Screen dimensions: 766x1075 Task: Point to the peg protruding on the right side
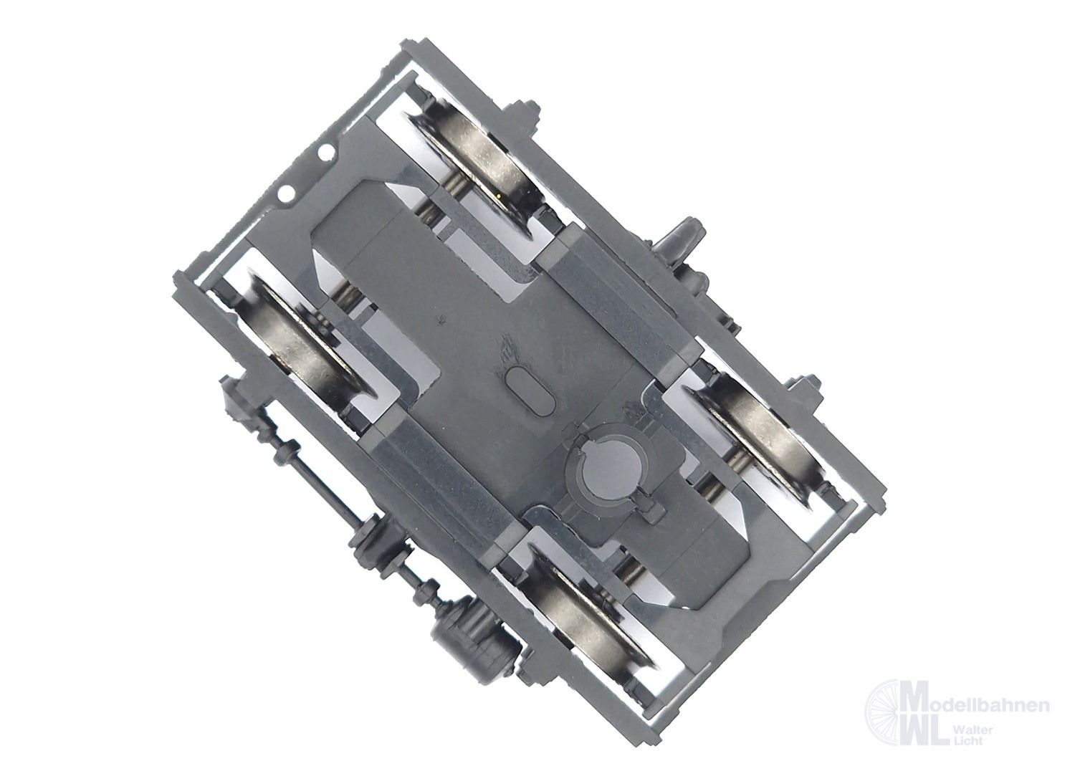[684, 241]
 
